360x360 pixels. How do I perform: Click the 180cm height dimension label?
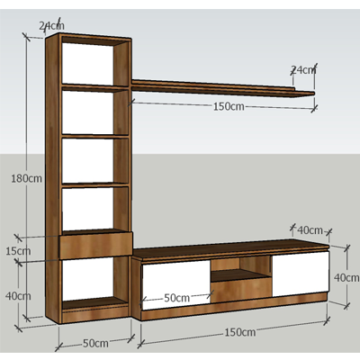click(26, 178)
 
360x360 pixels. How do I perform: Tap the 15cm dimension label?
click(18, 251)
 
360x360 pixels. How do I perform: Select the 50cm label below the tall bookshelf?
click(95, 343)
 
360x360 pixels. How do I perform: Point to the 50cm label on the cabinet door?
click(177, 298)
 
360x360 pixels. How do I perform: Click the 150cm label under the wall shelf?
click(229, 106)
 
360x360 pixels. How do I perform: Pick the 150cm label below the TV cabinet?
click(240, 332)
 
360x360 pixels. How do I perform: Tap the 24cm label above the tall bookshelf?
click(51, 26)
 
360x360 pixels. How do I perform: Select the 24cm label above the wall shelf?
click(303, 70)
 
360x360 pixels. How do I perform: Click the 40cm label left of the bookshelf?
click(18, 296)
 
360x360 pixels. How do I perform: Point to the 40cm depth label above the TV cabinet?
click(310, 230)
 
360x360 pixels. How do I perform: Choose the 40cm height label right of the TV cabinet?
click(346, 278)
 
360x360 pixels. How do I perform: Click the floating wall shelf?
click(223, 88)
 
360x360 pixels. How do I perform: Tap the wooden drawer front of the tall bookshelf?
click(96, 245)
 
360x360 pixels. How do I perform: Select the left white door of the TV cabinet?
click(176, 284)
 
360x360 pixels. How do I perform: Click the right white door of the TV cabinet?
click(301, 274)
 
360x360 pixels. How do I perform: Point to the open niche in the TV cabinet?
click(241, 269)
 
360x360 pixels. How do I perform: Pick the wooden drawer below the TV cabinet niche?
click(241, 290)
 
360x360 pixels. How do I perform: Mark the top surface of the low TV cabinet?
click(231, 248)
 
